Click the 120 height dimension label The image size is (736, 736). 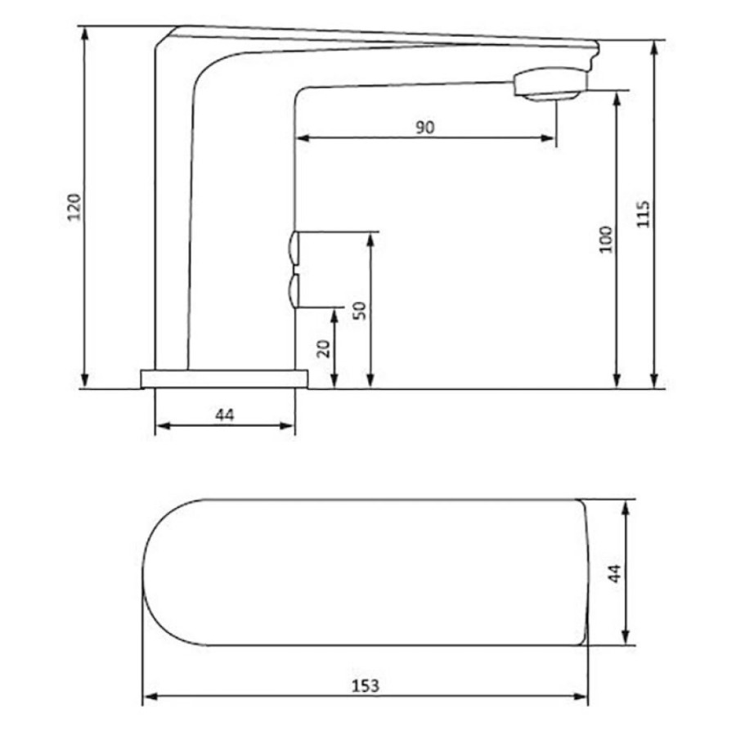tap(74, 207)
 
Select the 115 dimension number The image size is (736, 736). tap(644, 214)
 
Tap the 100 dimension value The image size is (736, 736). tap(606, 240)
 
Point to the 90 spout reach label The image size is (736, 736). tap(425, 128)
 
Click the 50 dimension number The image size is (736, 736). tap(360, 311)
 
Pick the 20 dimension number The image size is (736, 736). tap(323, 348)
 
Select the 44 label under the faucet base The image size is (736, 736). tap(225, 415)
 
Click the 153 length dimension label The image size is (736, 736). tap(366, 686)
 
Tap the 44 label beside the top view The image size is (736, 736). tap(614, 573)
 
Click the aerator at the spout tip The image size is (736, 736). tap(550, 84)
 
